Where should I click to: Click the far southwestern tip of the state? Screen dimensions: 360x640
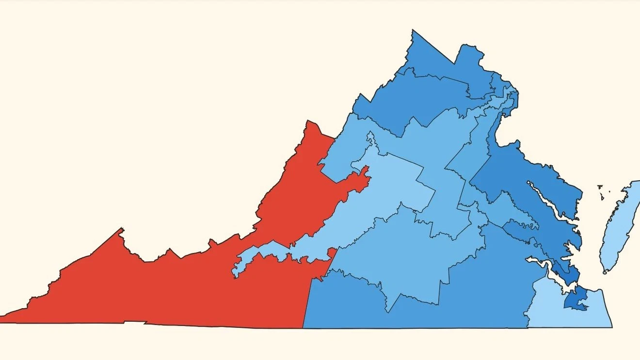pos(2,321)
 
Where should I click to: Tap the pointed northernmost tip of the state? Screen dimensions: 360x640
pos(413,31)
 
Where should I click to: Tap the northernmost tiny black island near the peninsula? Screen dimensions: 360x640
pos(600,186)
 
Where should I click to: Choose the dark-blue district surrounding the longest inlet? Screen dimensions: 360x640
pos(533,174)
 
